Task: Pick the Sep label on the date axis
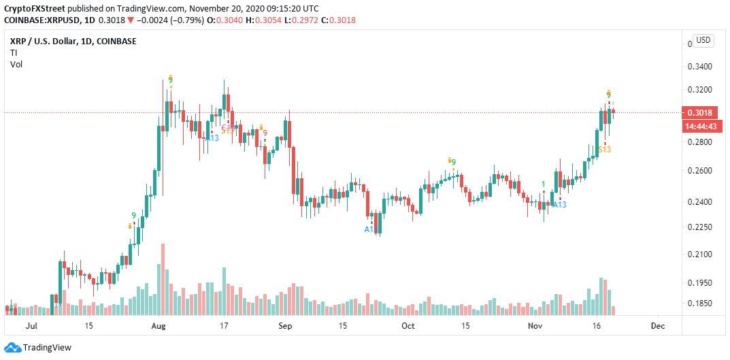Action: coord(286,326)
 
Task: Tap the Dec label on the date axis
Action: coord(657,326)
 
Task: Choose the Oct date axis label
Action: coord(408,326)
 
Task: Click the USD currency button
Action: coord(703,40)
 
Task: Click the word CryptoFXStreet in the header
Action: coord(35,7)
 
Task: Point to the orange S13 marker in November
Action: coord(604,149)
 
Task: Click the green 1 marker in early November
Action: coord(543,184)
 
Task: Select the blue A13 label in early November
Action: coord(559,204)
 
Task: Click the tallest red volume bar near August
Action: coord(163,279)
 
